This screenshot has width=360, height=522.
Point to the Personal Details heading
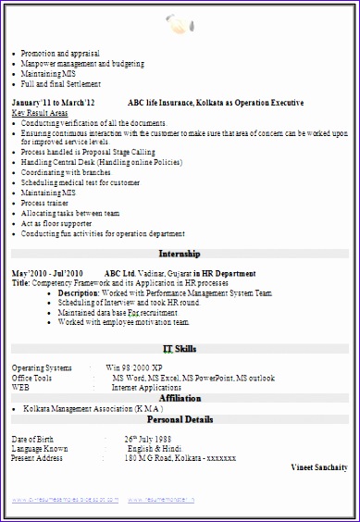180,418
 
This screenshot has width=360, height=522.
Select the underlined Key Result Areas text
40,112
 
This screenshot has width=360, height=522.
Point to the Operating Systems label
41,368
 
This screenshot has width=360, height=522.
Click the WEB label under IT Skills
20,388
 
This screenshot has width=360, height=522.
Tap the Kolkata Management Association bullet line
93,407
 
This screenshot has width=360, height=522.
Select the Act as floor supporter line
56,222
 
